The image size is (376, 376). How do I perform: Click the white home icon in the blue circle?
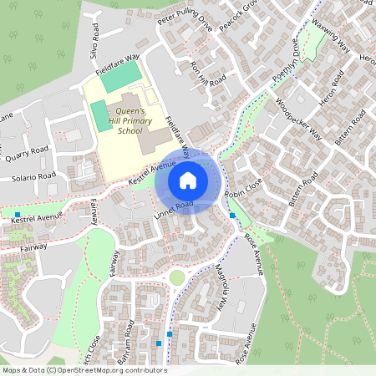pyautogui.click(x=188, y=180)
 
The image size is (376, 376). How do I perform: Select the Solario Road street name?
pyautogui.click(x=33, y=177)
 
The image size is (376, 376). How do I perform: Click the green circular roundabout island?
pyautogui.click(x=176, y=277)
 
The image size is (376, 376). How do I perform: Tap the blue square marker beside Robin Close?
pyautogui.click(x=232, y=216)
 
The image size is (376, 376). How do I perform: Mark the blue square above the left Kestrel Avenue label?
pyautogui.click(x=18, y=214)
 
